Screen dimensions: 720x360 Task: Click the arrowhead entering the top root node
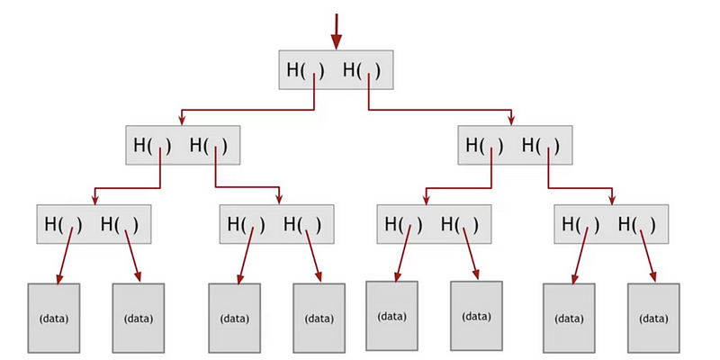coord(337,41)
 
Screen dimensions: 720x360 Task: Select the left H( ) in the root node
coord(305,71)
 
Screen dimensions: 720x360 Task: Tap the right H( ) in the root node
coord(362,71)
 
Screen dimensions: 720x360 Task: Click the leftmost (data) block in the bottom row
coord(54,319)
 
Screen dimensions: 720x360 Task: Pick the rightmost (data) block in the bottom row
coord(653,319)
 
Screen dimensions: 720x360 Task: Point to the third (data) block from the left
coord(234,319)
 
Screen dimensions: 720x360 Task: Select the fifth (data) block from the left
coord(391,316)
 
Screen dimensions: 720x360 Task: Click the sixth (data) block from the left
coord(476,316)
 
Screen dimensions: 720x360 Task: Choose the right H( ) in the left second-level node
coord(209,146)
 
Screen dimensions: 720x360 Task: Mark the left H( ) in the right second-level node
coord(484,146)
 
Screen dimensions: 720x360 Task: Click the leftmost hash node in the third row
coord(94,224)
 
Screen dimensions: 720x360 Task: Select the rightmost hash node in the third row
coord(611,224)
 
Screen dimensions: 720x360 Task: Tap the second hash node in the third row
coord(277,224)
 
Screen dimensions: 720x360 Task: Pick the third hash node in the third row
coord(434,224)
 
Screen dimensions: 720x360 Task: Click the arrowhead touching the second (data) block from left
coord(138,277)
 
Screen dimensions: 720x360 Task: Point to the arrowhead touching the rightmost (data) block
coord(652,277)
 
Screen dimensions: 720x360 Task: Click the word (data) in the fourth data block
coord(319,319)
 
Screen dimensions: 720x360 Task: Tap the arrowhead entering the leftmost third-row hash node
coord(94,200)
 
